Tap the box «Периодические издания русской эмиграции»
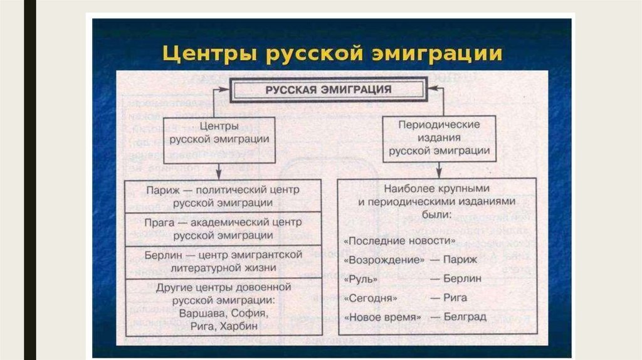tap(439, 138)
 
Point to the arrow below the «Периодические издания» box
tap(439, 169)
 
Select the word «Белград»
tap(465, 317)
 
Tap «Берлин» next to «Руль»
tap(462, 278)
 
